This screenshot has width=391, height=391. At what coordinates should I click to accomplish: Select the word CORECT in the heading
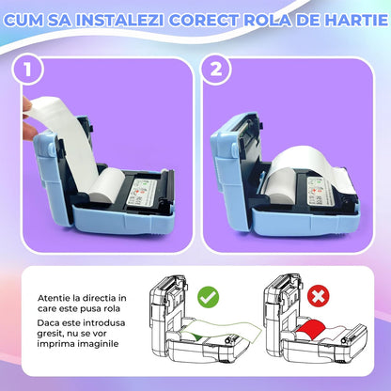[203, 20]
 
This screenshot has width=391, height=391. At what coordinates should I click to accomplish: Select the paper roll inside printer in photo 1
[107, 184]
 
